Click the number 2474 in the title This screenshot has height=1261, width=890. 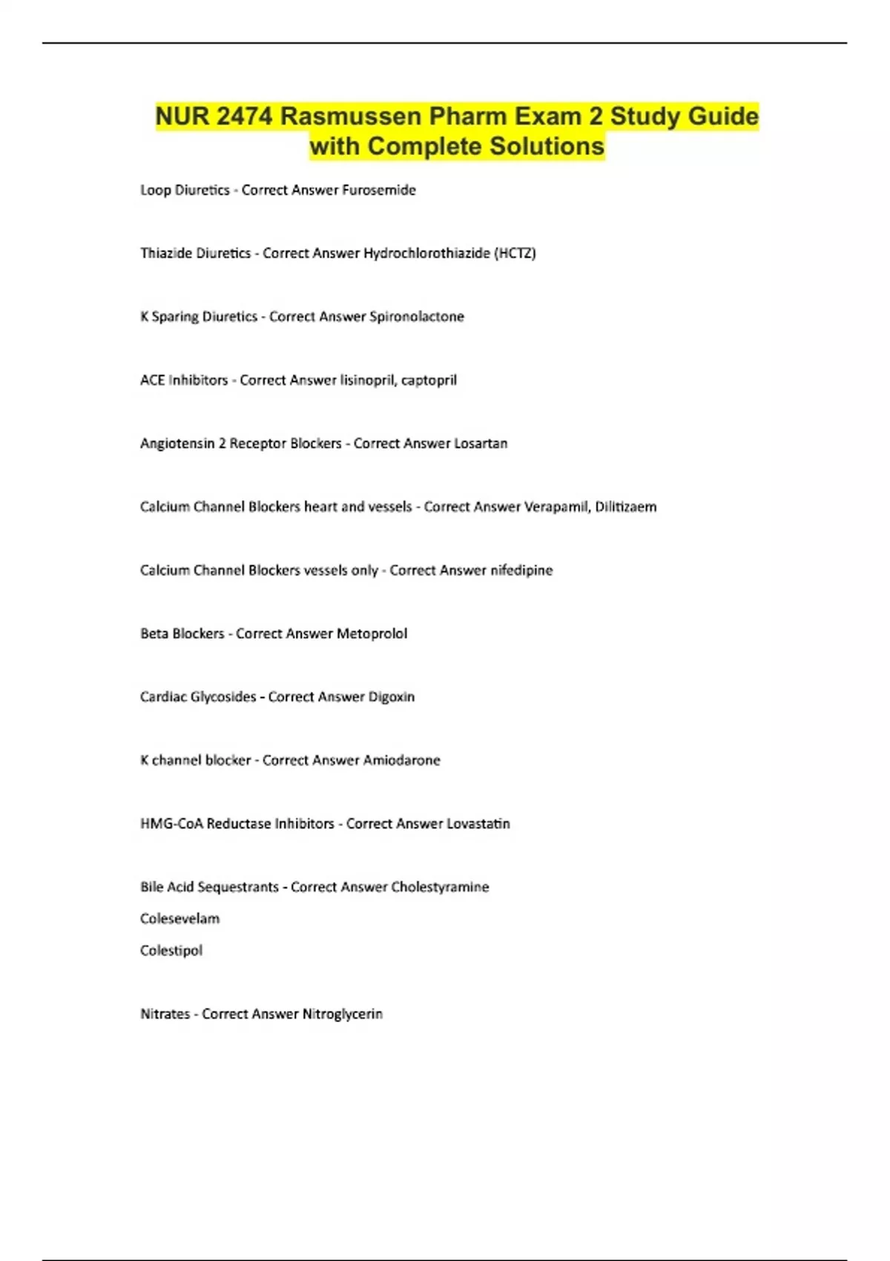tap(245, 116)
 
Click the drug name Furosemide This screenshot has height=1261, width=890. tap(379, 190)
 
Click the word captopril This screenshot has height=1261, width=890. tap(429, 381)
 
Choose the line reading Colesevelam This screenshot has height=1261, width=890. tap(179, 919)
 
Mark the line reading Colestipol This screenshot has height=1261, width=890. tap(171, 950)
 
